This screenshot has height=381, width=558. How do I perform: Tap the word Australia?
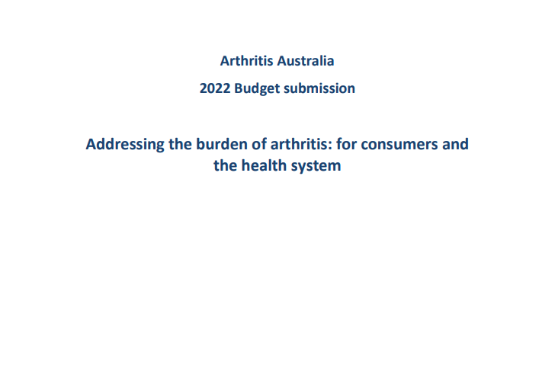click(x=306, y=61)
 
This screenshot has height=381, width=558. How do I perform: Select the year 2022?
click(x=215, y=88)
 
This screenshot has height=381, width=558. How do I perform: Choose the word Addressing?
click(x=125, y=145)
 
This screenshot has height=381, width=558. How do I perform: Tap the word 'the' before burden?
click(x=180, y=144)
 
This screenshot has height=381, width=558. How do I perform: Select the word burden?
click(x=222, y=144)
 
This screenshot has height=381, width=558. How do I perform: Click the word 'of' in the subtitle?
click(x=259, y=144)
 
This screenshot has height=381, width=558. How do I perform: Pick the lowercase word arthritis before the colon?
click(x=300, y=144)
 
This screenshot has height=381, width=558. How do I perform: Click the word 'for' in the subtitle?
click(x=347, y=144)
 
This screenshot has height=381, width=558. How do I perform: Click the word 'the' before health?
click(x=226, y=165)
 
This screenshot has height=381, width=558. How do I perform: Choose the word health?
click(x=264, y=165)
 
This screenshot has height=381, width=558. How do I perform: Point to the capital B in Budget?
click(x=239, y=88)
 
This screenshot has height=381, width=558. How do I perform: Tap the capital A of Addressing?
click(x=91, y=145)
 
